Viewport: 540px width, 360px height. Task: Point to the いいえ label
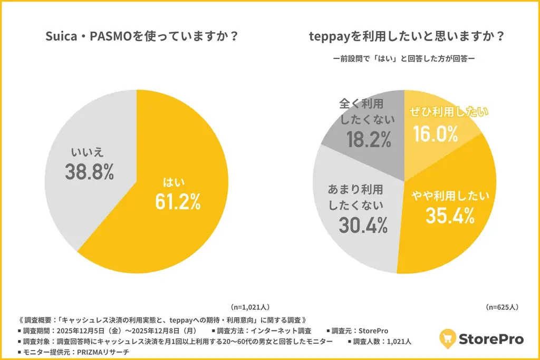point(88,153)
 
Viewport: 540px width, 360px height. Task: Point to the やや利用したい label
point(450,196)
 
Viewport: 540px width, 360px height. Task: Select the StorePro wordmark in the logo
point(492,339)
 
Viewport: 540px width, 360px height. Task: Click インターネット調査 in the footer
point(284,330)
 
